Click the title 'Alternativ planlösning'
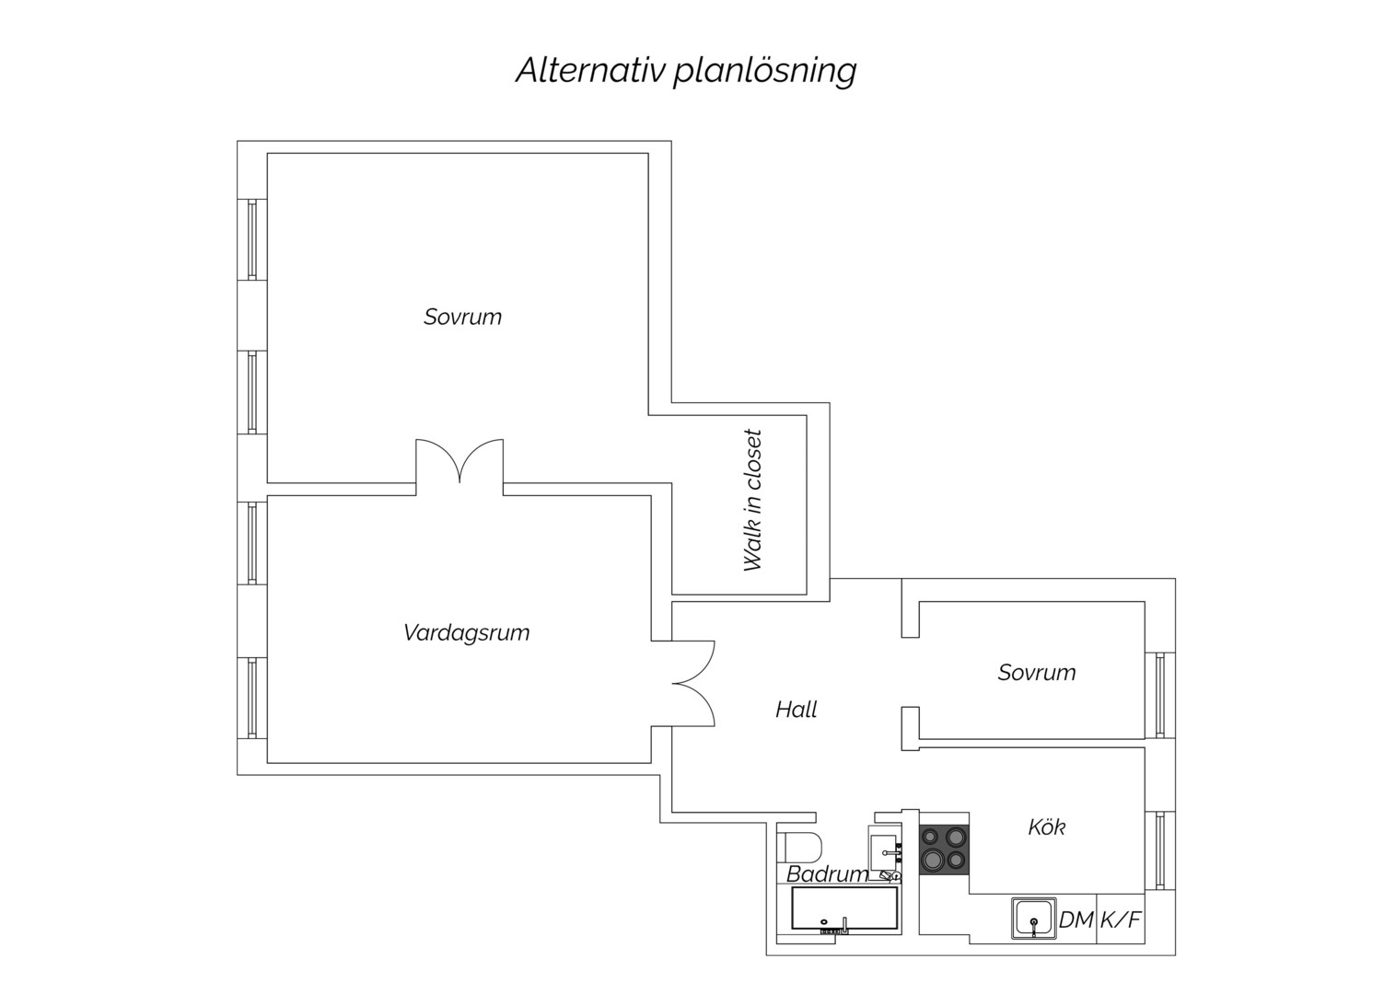pyautogui.click(x=686, y=71)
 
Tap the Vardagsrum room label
pyautogui.click(x=467, y=633)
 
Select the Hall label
pyautogui.click(x=796, y=710)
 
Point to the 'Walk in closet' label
pyautogui.click(x=753, y=501)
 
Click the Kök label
pyautogui.click(x=1047, y=827)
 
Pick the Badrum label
pyautogui.click(x=827, y=874)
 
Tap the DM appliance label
pyautogui.click(x=1076, y=920)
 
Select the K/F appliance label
pyautogui.click(x=1120, y=920)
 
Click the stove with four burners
pyautogui.click(x=944, y=850)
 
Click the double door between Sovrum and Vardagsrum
pyautogui.click(x=459, y=468)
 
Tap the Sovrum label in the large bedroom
pyautogui.click(x=463, y=317)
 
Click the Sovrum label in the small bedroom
pyautogui.click(x=1037, y=673)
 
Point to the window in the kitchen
pyautogui.click(x=1159, y=851)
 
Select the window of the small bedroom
pyautogui.click(x=1159, y=695)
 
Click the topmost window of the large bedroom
pyautogui.click(x=252, y=239)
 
